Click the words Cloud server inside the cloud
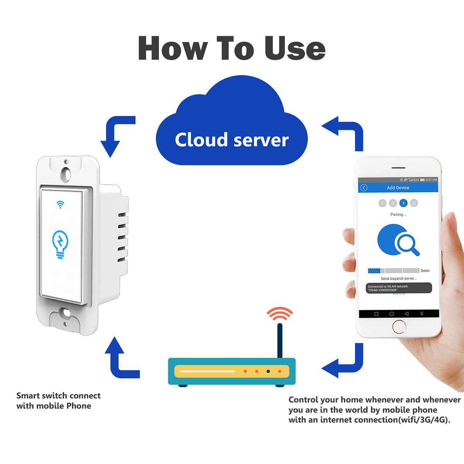232,140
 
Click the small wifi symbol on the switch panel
60,204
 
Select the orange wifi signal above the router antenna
280,314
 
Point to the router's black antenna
280,340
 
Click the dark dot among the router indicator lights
268,372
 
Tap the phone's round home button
399,328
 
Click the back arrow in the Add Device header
363,188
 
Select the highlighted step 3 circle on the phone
403,203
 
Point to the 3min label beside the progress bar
425,271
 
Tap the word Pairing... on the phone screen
398,215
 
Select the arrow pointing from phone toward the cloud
344,131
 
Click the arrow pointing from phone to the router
344,362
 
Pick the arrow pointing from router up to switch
120,360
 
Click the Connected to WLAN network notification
398,288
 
